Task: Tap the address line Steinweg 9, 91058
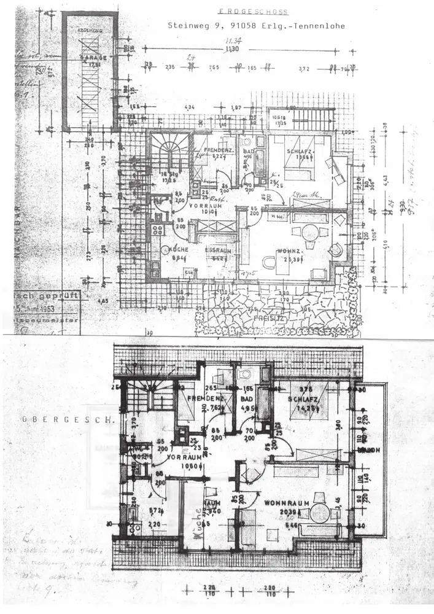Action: (257, 26)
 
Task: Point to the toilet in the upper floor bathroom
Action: (244, 374)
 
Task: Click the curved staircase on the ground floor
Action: (168, 152)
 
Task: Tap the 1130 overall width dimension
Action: (231, 49)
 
